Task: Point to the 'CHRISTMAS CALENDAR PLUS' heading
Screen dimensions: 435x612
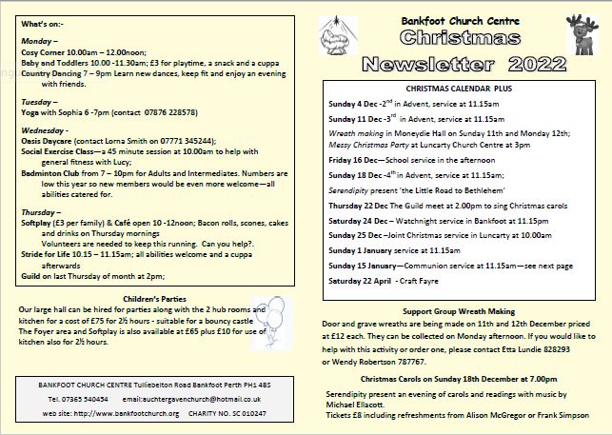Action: point(459,87)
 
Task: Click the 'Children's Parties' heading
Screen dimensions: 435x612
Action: point(162,298)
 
